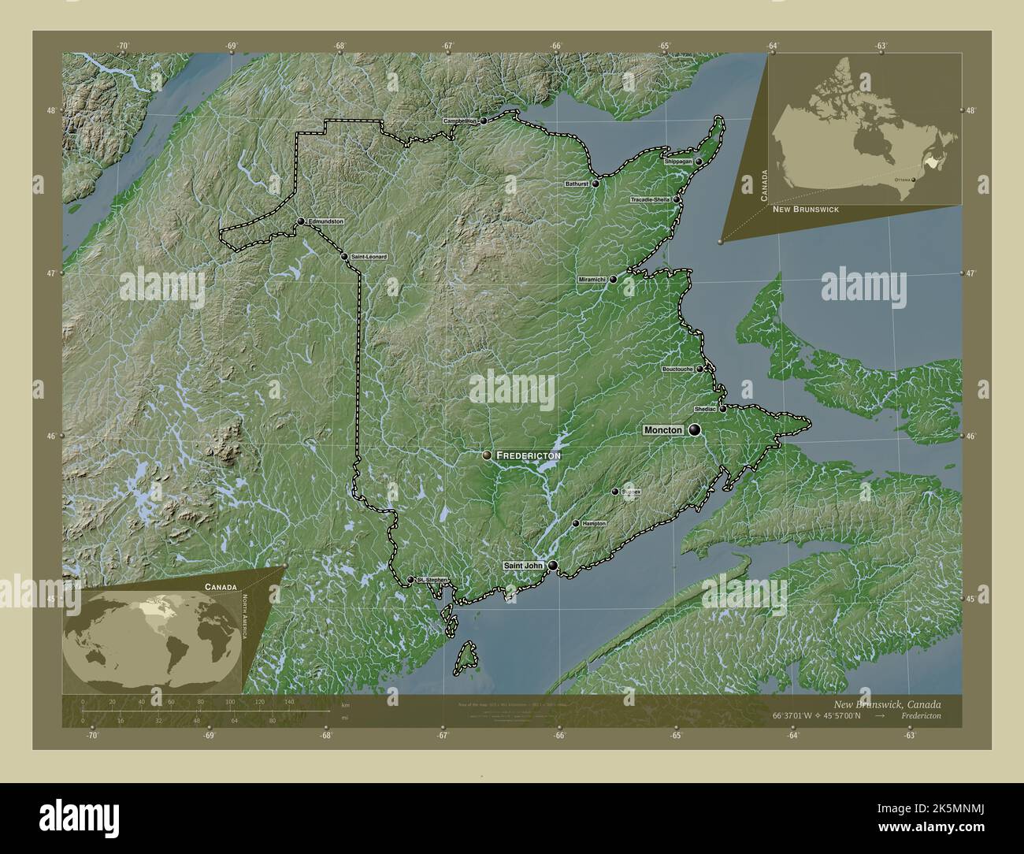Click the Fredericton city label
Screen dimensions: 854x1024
tap(528, 455)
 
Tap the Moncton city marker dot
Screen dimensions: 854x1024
tap(695, 429)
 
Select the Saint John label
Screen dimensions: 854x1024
tap(523, 565)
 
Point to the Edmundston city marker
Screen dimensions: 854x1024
tap(301, 221)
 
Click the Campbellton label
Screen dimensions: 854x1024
tap(460, 121)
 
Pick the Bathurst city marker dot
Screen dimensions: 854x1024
tap(595, 184)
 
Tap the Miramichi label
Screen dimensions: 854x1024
tap(592, 279)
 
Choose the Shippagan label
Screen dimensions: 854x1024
tap(678, 161)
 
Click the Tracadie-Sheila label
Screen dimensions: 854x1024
tap(651, 199)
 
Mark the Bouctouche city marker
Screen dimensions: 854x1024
tap(699, 369)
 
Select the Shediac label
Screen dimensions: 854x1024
tap(705, 409)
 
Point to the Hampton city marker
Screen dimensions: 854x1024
tap(576, 523)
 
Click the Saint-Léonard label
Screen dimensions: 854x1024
tap(369, 257)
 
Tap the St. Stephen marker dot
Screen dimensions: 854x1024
tap(410, 580)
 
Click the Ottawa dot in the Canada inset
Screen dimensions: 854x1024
tap(915, 180)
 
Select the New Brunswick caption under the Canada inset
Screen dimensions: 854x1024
tap(805, 210)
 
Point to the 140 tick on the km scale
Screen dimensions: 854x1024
tap(289, 701)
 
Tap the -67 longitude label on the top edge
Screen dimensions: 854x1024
tap(447, 46)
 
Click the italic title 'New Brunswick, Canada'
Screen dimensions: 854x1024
tap(886, 704)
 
